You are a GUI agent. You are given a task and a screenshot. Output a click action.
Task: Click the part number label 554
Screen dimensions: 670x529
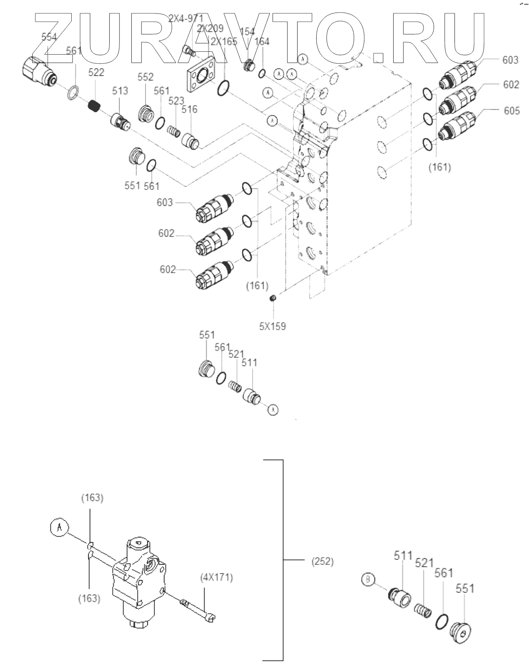click(x=49, y=37)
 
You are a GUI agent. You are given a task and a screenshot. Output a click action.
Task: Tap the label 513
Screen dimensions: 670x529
click(x=120, y=91)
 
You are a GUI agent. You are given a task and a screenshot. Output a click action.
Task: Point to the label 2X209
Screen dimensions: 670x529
click(x=210, y=29)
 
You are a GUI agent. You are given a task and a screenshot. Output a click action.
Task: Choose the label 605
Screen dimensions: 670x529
click(x=511, y=111)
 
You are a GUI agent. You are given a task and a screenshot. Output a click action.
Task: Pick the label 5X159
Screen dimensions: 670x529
click(x=272, y=326)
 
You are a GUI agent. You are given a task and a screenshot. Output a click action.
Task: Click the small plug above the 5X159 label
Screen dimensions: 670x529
click(x=273, y=299)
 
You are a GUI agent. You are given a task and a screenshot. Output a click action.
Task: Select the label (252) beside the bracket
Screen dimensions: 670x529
click(x=322, y=561)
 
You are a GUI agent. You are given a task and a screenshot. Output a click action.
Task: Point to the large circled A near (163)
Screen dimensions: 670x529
click(x=59, y=527)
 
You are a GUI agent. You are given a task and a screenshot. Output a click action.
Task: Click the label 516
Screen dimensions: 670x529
click(x=189, y=109)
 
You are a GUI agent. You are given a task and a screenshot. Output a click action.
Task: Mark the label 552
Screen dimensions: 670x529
click(x=145, y=77)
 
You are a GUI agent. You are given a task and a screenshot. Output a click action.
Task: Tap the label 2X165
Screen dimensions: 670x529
click(x=224, y=42)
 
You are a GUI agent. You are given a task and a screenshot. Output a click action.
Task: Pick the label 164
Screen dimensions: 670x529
click(x=262, y=42)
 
